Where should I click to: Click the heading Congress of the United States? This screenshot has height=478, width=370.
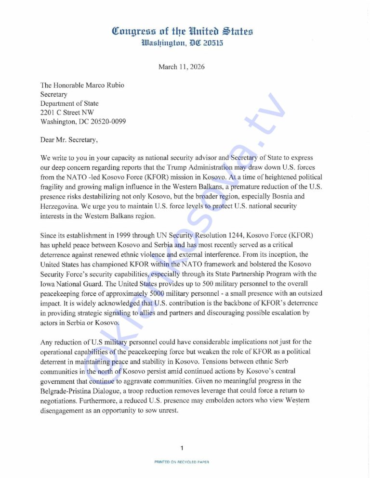(182, 32)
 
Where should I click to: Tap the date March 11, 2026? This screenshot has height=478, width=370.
(181, 67)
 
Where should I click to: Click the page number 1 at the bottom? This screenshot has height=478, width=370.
(182, 448)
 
